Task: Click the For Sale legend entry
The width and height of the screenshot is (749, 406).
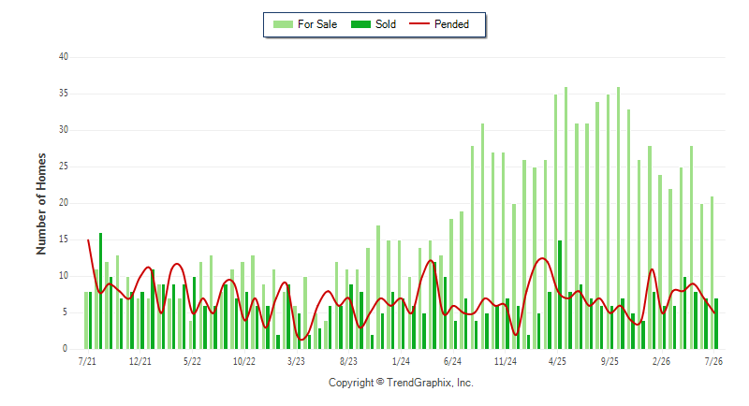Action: (x=305, y=24)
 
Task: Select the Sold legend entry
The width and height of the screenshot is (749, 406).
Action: (x=373, y=24)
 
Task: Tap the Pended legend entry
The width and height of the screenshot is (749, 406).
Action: (x=439, y=24)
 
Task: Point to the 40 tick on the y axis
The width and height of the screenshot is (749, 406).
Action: (x=64, y=57)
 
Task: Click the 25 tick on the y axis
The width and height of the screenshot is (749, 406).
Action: (x=64, y=167)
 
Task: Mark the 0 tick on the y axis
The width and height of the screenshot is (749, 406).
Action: (x=65, y=349)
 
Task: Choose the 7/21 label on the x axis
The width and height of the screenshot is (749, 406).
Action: (x=87, y=361)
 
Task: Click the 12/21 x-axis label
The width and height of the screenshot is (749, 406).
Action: (x=140, y=361)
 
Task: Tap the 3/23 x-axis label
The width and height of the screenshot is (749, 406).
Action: (x=296, y=361)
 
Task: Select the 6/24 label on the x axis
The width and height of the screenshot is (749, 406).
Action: (x=453, y=361)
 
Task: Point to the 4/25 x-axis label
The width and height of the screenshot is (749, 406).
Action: (x=557, y=361)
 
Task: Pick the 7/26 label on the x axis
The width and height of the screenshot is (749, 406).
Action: (x=713, y=361)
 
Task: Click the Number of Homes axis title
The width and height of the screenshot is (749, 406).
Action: (x=41, y=204)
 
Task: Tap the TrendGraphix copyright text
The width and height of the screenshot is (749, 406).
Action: (x=401, y=383)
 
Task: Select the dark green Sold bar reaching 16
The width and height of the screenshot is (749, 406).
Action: (x=101, y=291)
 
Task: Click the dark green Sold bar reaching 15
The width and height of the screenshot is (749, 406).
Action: (x=560, y=295)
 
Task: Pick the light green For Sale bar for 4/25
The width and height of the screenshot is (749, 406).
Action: (x=555, y=222)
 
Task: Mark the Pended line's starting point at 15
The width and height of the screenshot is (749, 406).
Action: (x=88, y=240)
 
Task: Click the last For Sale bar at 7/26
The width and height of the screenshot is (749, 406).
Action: (x=712, y=273)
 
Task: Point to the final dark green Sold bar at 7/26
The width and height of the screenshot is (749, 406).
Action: (x=716, y=324)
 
